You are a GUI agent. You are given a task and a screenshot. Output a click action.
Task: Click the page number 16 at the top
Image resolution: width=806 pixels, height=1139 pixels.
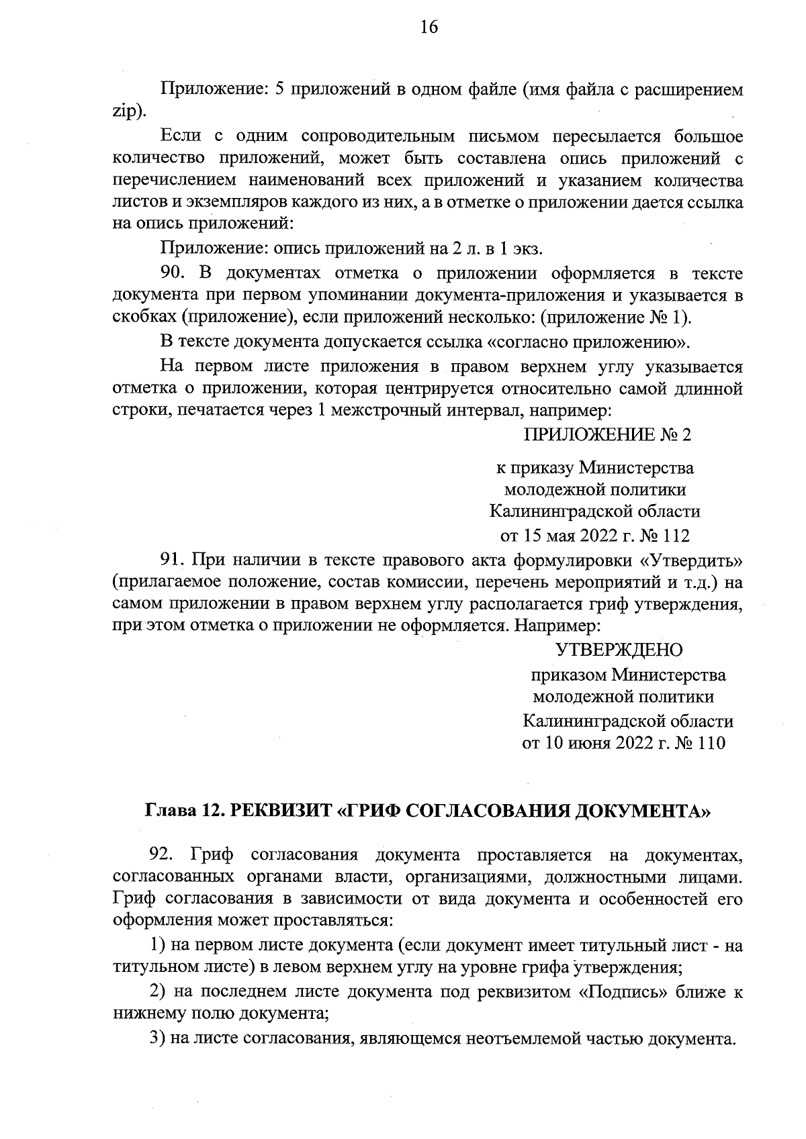(429, 27)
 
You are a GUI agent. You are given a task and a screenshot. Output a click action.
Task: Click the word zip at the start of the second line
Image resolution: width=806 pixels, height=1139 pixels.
(126, 111)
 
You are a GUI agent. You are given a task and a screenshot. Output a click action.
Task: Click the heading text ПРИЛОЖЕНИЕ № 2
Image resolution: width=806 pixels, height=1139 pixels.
(607, 435)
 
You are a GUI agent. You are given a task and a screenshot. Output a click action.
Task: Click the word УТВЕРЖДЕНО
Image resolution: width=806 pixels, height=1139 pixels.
(619, 650)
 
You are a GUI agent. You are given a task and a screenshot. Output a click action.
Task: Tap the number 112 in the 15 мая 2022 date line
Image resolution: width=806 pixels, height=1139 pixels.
(675, 536)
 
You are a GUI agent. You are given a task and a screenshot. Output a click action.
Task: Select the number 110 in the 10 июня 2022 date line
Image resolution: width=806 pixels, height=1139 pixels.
(711, 744)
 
